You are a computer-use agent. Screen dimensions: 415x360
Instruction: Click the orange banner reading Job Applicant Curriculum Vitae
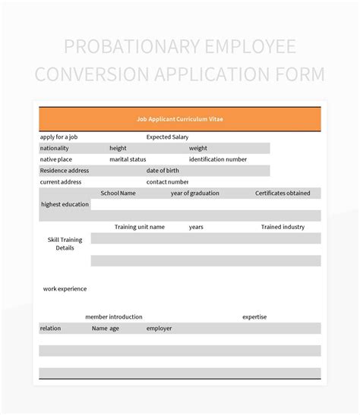click(180, 119)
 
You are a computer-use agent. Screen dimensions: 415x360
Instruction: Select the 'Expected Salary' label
click(167, 137)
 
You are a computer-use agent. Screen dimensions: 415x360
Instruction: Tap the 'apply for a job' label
click(58, 137)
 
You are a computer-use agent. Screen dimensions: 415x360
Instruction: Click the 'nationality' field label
click(54, 149)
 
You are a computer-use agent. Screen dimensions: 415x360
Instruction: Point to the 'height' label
click(118, 149)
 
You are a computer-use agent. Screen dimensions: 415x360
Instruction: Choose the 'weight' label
click(198, 149)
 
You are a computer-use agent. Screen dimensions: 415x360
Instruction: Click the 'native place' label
click(56, 159)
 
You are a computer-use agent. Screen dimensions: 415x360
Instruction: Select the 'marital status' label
click(128, 159)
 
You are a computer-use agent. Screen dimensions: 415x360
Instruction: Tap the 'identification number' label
click(218, 159)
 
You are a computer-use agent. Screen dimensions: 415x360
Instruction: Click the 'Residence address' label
click(64, 171)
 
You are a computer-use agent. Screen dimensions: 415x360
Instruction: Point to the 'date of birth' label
click(163, 171)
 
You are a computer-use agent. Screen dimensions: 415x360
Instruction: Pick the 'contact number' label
click(167, 182)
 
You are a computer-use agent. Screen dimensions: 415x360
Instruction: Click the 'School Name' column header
click(118, 193)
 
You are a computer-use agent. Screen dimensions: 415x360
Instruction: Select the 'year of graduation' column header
click(194, 193)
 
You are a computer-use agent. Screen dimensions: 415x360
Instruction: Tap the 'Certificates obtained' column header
click(283, 193)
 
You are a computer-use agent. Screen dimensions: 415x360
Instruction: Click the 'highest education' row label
click(65, 204)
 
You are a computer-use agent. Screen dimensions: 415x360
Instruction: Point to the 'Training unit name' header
click(140, 227)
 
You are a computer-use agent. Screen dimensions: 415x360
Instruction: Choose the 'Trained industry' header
click(283, 227)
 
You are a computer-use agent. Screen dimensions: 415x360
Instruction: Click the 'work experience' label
click(65, 288)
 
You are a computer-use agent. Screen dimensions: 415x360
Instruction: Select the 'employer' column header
click(159, 329)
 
